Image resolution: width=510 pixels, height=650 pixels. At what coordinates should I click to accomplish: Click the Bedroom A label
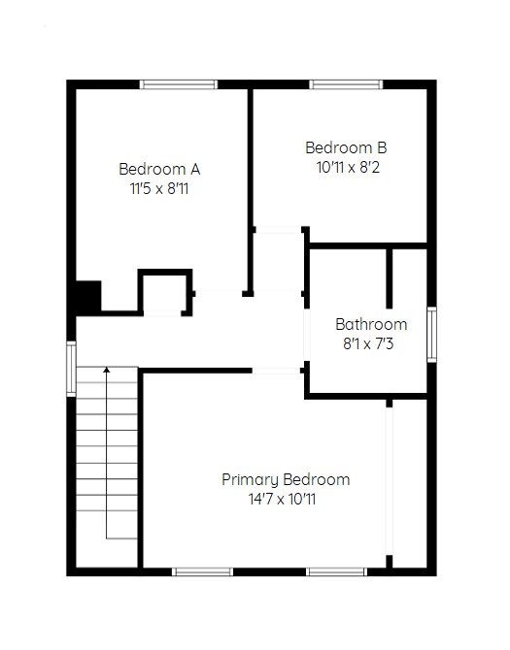[x=159, y=169]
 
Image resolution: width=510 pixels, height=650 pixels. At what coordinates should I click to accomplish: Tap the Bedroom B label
[x=346, y=147]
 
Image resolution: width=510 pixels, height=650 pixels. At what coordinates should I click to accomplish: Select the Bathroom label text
[x=371, y=324]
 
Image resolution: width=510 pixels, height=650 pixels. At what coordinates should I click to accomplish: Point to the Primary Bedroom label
[x=286, y=479]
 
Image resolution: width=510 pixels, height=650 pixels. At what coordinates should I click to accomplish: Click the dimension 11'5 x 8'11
[x=159, y=189]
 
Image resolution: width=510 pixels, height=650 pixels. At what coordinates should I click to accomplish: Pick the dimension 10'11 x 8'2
[x=348, y=168]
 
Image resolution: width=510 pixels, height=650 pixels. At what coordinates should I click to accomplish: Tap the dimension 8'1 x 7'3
[x=368, y=344]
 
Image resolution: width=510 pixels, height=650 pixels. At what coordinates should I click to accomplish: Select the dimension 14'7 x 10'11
[x=282, y=499]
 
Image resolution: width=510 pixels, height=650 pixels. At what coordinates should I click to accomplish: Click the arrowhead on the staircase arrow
[x=107, y=370]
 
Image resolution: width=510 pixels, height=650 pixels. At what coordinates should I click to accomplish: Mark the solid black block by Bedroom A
[x=88, y=296]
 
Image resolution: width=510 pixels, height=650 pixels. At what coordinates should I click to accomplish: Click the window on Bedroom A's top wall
[x=179, y=84]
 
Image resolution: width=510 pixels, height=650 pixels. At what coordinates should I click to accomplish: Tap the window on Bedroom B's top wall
[x=346, y=84]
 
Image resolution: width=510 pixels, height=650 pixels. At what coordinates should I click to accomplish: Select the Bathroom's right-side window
[x=432, y=335]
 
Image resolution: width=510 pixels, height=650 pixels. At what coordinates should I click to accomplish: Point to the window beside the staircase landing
[x=71, y=369]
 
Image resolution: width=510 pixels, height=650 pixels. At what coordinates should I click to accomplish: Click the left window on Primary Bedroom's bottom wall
[x=202, y=572]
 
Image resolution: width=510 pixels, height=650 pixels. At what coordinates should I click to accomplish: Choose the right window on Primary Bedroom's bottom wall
[x=336, y=572]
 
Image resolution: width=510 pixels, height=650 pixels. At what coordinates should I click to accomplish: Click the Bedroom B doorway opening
[x=278, y=230]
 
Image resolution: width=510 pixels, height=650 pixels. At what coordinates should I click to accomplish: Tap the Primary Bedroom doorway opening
[x=276, y=371]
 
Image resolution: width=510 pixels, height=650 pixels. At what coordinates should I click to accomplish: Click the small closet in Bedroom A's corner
[x=165, y=292]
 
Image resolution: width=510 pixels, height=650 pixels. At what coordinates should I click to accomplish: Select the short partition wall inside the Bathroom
[x=390, y=278]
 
